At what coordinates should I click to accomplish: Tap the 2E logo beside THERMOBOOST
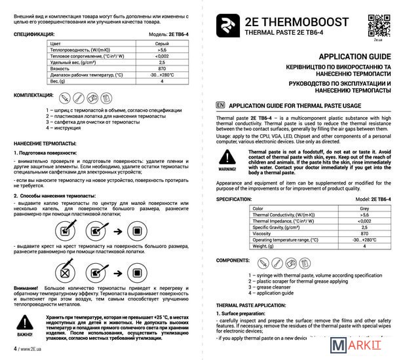coord(228,25)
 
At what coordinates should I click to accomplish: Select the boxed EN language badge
coord(220,104)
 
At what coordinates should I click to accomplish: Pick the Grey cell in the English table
coord(364,208)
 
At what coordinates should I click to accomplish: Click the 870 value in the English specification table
coord(364,233)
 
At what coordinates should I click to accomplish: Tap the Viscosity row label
coord(263,233)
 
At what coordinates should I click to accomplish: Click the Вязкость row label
coord(61,67)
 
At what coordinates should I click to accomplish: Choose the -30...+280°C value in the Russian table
coord(161,74)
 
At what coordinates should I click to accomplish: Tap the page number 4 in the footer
coord(16,349)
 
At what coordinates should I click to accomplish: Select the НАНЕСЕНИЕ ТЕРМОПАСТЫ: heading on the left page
coord(45,142)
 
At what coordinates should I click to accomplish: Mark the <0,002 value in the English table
coord(364,221)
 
